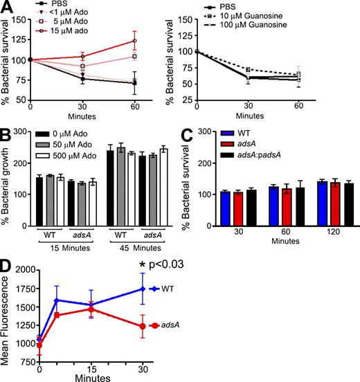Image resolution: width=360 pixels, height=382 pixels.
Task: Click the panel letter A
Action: pos(7,7)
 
